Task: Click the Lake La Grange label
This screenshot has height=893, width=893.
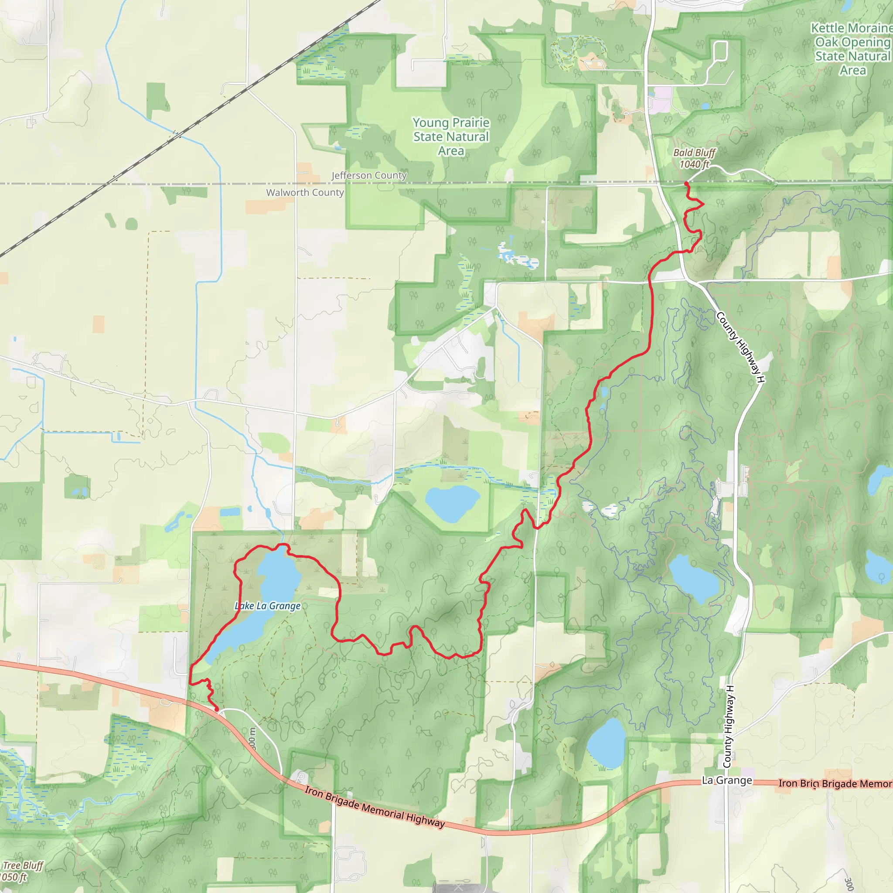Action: pyautogui.click(x=268, y=606)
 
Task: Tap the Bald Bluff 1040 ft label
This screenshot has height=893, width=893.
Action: pyautogui.click(x=694, y=158)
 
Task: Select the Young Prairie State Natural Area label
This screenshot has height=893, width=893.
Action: pyautogui.click(x=451, y=136)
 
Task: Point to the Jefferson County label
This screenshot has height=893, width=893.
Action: pyautogui.click(x=369, y=175)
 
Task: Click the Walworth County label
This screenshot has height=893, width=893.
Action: pyautogui.click(x=305, y=192)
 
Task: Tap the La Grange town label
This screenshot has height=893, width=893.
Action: pyautogui.click(x=726, y=780)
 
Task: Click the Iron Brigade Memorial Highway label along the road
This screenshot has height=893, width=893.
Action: pyautogui.click(x=375, y=806)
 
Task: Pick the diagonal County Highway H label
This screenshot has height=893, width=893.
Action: pyautogui.click(x=740, y=347)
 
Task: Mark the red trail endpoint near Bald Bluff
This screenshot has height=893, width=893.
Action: pyautogui.click(x=685, y=184)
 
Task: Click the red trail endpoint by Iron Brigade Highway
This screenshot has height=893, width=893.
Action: pyautogui.click(x=217, y=709)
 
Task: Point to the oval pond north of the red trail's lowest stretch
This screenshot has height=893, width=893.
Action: pyautogui.click(x=452, y=503)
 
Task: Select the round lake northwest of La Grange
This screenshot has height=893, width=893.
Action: pyautogui.click(x=606, y=743)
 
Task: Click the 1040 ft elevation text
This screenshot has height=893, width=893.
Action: pyautogui.click(x=694, y=164)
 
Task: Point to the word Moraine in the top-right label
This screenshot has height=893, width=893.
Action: pyautogui.click(x=873, y=28)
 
